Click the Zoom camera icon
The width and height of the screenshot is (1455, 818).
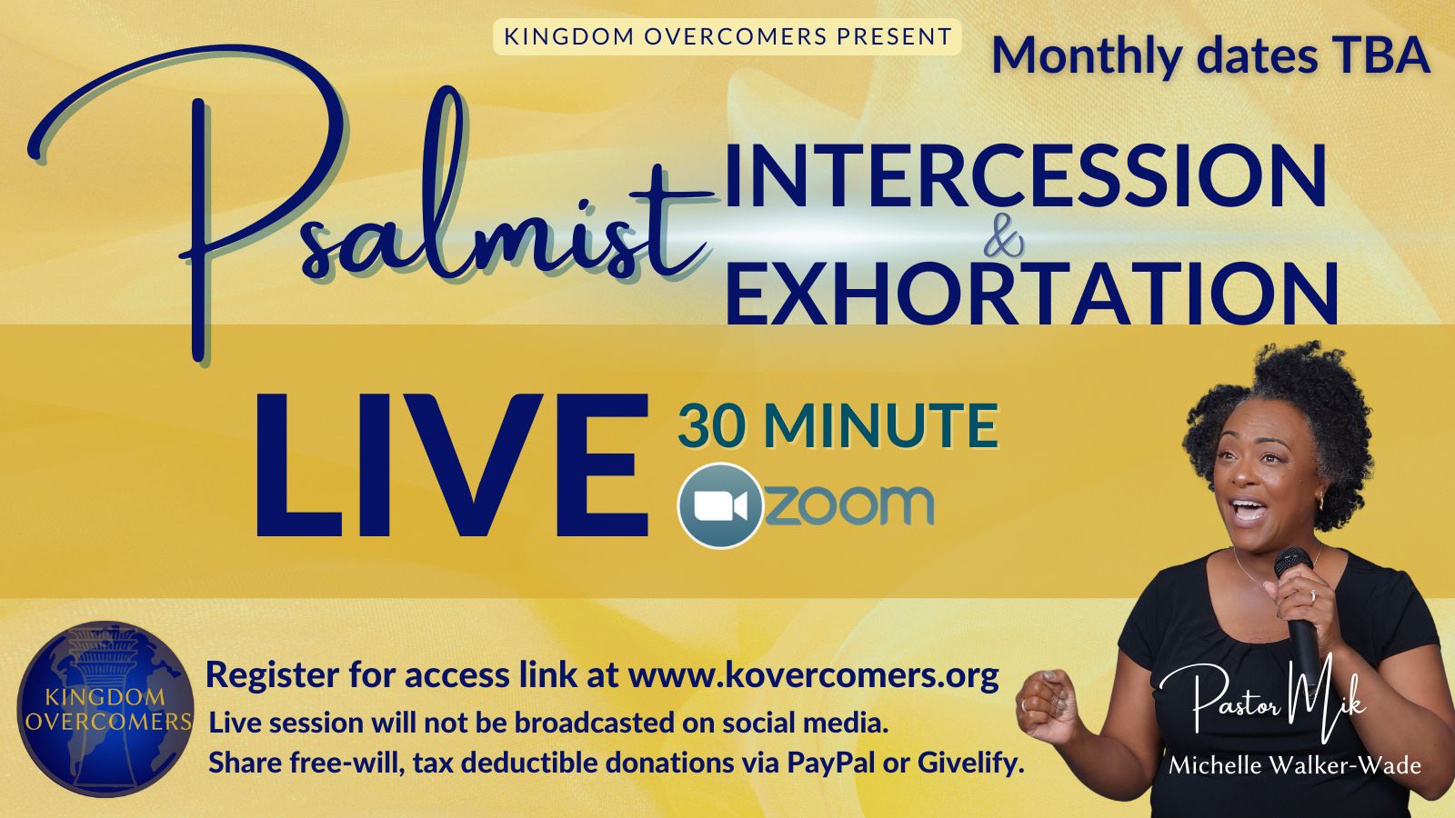pos(720,505)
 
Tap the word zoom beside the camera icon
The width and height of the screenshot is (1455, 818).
pos(850,505)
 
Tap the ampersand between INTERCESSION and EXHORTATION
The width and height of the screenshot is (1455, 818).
pos(1004,242)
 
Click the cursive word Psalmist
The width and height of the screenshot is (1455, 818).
pos(370,208)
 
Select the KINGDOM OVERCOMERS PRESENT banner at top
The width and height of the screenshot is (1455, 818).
pos(727,36)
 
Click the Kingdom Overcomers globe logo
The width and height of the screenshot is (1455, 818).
pos(105,709)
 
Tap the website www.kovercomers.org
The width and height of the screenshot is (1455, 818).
pos(813,676)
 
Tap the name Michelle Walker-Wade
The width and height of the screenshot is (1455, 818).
pos(1295,766)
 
